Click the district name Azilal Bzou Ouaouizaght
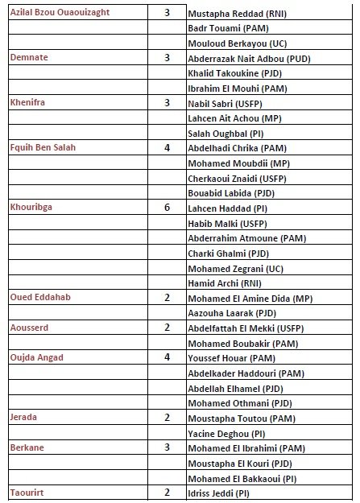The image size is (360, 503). pyautogui.click(x=60, y=14)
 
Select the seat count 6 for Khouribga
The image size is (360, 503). pyautogui.click(x=167, y=208)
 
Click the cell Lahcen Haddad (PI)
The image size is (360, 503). pyautogui.click(x=227, y=209)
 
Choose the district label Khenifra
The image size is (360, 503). pyautogui.click(x=29, y=103)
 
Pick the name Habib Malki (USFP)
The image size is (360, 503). pyautogui.click(x=225, y=224)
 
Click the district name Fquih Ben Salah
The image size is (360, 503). pyautogui.click(x=45, y=148)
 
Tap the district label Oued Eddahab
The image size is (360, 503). pyautogui.click(x=40, y=298)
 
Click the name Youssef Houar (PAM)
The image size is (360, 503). pyautogui.click(x=230, y=357)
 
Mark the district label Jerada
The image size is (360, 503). pyautogui.click(x=24, y=417)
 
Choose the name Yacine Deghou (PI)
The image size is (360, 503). pyautogui.click(x=228, y=432)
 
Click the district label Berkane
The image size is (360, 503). pyautogui.click(x=27, y=447)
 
